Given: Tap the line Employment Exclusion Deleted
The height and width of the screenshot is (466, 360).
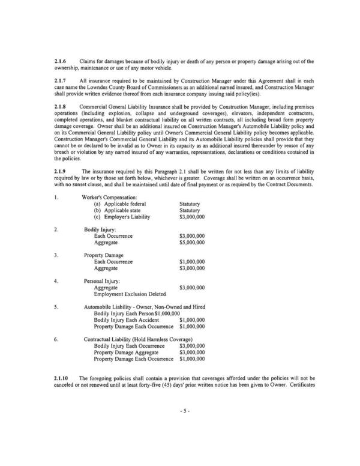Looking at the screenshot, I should (x=128, y=294).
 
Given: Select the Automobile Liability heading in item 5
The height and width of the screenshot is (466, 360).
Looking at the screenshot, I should (x=144, y=306).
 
